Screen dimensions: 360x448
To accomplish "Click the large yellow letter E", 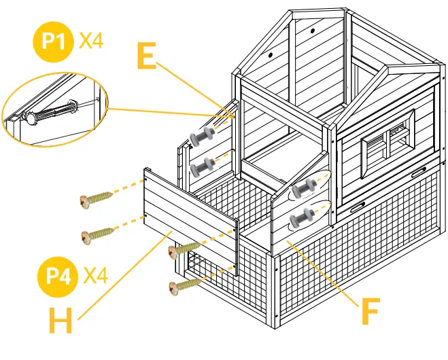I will click(x=147, y=57).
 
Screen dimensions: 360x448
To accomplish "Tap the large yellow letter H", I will click(x=62, y=321).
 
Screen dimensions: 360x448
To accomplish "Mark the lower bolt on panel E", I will click(x=201, y=166).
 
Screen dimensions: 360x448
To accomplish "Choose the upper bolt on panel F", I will click(x=303, y=187).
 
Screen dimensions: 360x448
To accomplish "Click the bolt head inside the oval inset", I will click(x=32, y=118).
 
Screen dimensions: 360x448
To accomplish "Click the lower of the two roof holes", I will click(x=270, y=54).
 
